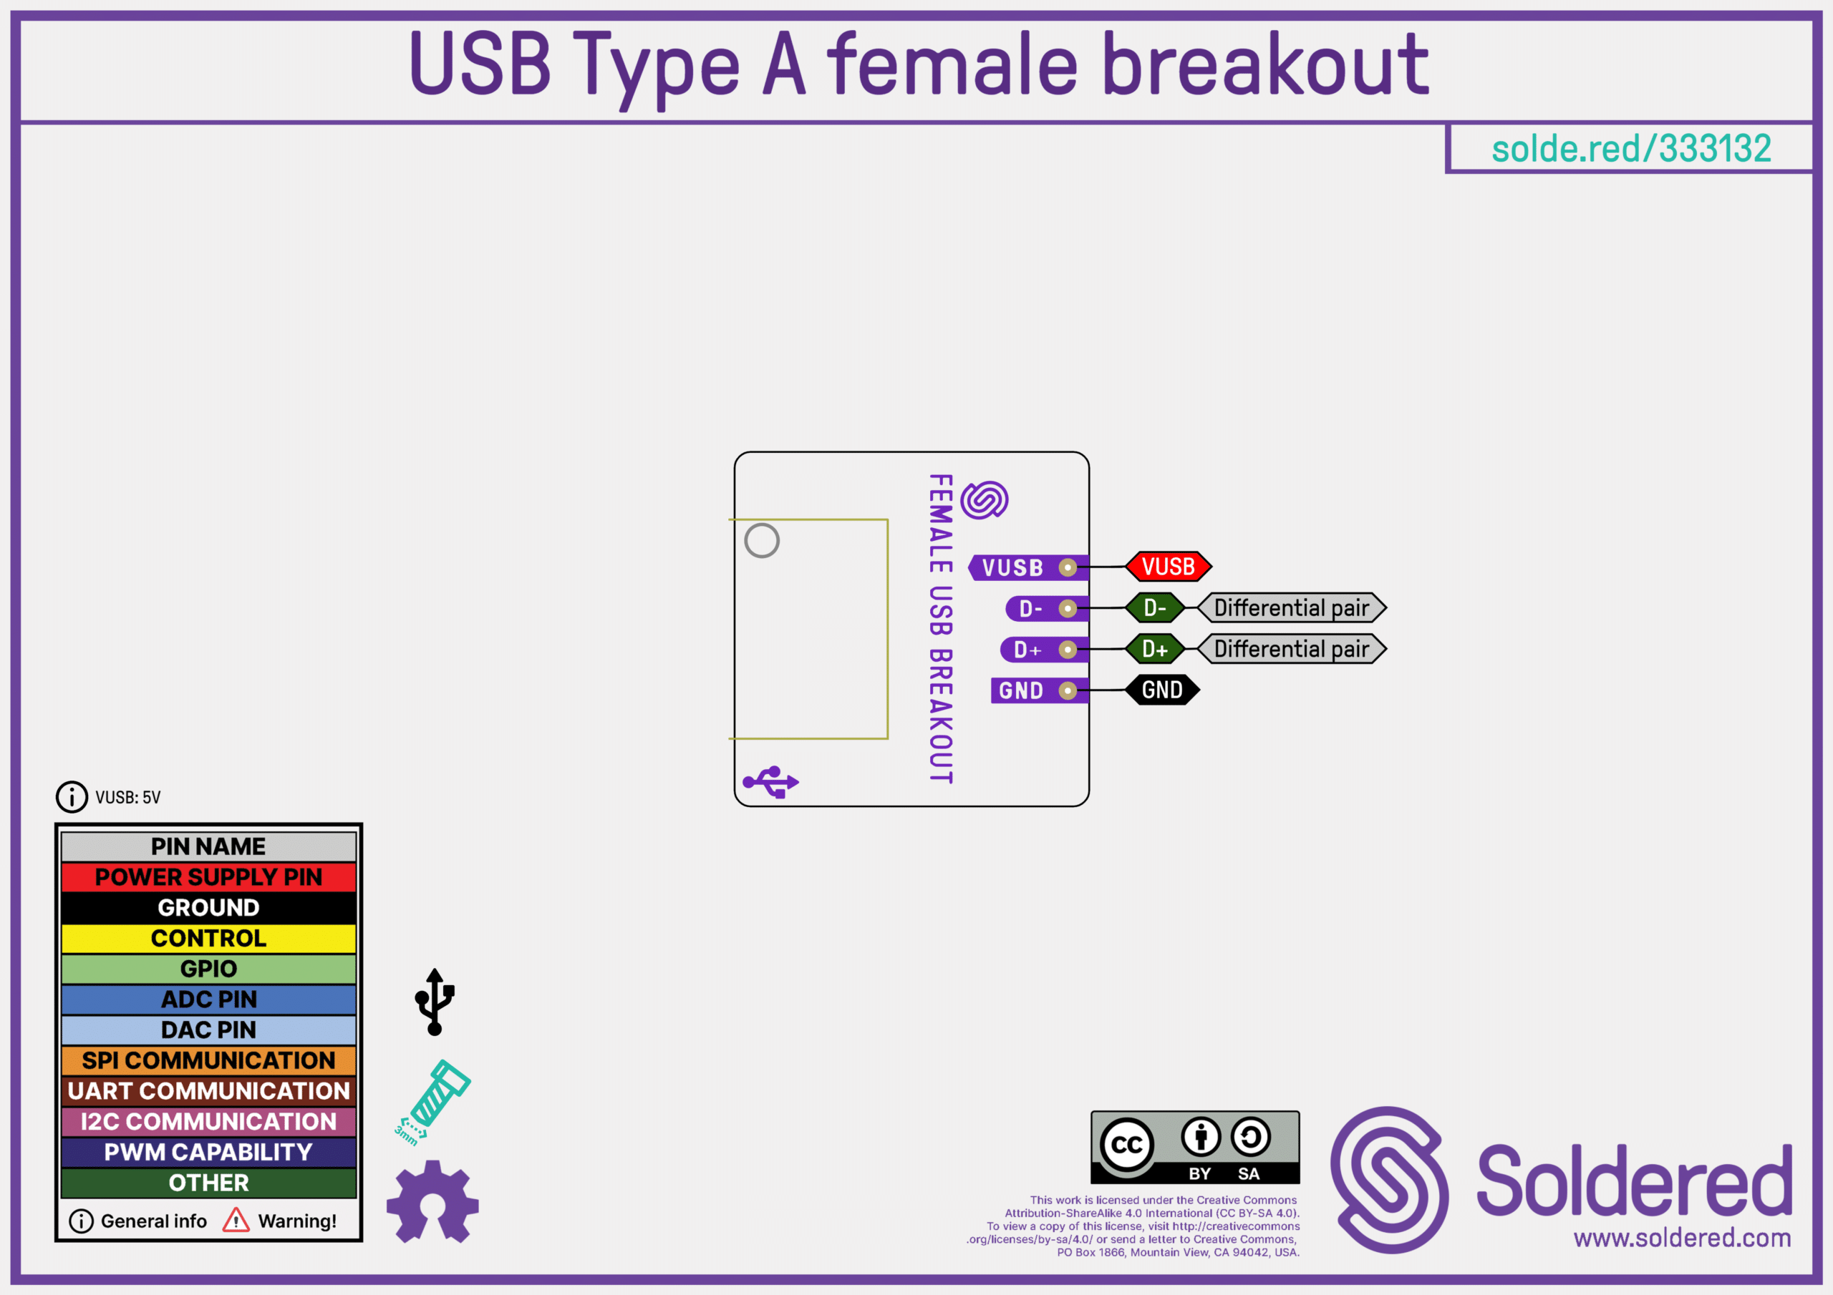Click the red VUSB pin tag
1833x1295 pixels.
[1168, 567]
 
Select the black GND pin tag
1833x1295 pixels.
[1162, 690]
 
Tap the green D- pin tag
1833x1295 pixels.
[1154, 608]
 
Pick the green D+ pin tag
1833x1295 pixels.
[1154, 649]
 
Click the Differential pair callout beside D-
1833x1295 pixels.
[1292, 608]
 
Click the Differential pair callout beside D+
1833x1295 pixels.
[1292, 649]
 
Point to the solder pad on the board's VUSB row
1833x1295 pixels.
[1068, 567]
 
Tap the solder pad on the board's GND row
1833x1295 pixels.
[1068, 690]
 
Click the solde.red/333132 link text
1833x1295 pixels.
[1631, 148]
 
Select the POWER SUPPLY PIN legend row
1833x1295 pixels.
[208, 877]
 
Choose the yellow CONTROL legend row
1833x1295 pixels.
[208, 938]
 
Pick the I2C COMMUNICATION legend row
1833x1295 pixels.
[208, 1122]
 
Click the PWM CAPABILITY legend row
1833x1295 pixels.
[208, 1152]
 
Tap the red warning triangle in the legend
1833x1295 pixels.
[236, 1220]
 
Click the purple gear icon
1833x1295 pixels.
[432, 1202]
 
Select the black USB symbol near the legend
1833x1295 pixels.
[435, 1002]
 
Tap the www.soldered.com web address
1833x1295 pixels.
[1682, 1238]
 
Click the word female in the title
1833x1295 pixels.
[952, 64]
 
